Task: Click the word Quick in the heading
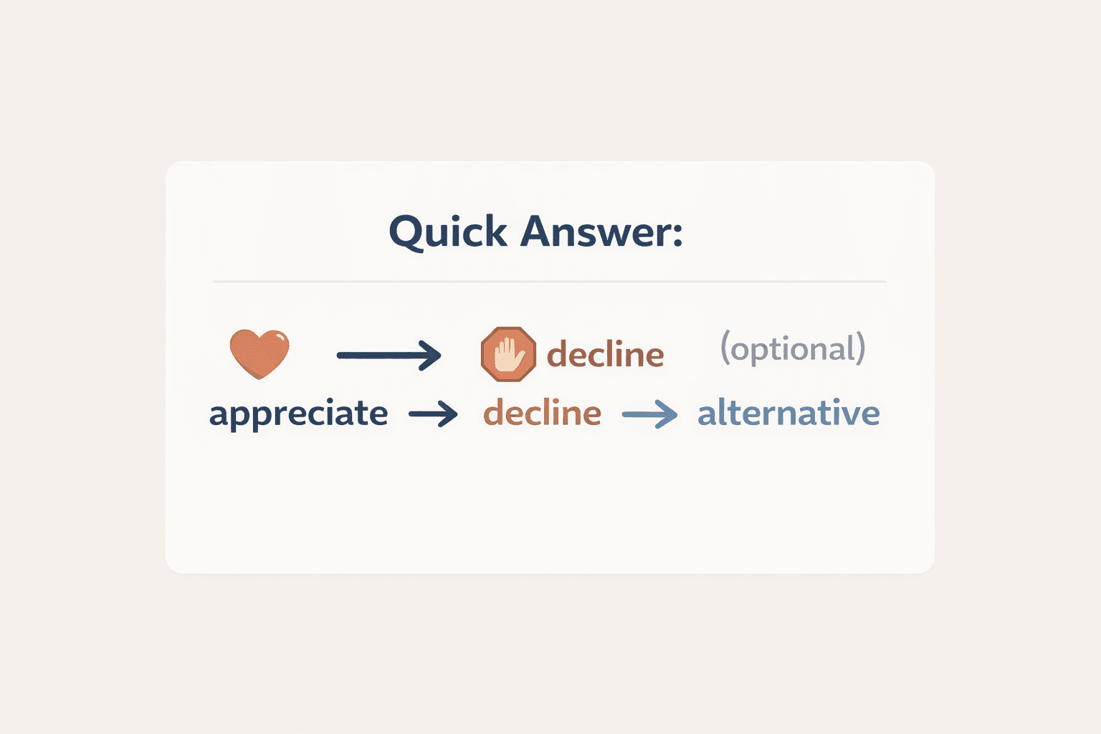[x=448, y=232]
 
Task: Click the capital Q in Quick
[x=408, y=232]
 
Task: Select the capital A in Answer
[x=538, y=231]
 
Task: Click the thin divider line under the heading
[x=549, y=282]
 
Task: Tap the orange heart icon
[x=259, y=353]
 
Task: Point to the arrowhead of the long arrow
[x=432, y=355]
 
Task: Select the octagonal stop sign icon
[x=508, y=354]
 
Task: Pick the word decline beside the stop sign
[x=605, y=354]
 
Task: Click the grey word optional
[x=793, y=349]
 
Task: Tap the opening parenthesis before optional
[x=725, y=348]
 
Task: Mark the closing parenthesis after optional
[x=860, y=348]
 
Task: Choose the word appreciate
[x=298, y=414]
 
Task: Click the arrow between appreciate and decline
[x=433, y=414]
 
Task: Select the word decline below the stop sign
[x=542, y=413]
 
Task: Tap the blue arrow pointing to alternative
[x=649, y=414]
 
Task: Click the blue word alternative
[x=788, y=413]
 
